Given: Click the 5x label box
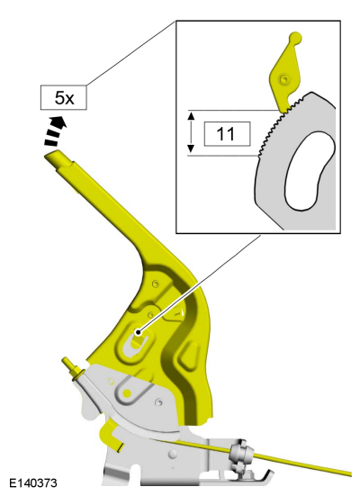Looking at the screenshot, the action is (64, 97).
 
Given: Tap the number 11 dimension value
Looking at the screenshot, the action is (227, 134).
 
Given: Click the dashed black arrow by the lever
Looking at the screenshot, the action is (56, 131).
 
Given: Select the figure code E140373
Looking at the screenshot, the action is (33, 483).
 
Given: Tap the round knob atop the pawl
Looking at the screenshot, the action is (295, 38).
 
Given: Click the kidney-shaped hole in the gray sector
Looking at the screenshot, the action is (309, 171).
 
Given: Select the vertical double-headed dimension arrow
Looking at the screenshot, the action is (191, 132).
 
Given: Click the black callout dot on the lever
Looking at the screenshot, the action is (138, 332).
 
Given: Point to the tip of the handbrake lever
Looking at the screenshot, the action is (54, 156).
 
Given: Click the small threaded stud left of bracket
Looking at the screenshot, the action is (73, 368).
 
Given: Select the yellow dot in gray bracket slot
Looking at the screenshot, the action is (127, 393).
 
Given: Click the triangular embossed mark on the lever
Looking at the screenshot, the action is (175, 314).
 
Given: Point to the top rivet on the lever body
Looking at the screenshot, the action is (155, 284).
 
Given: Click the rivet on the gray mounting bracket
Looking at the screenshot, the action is (157, 402).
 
